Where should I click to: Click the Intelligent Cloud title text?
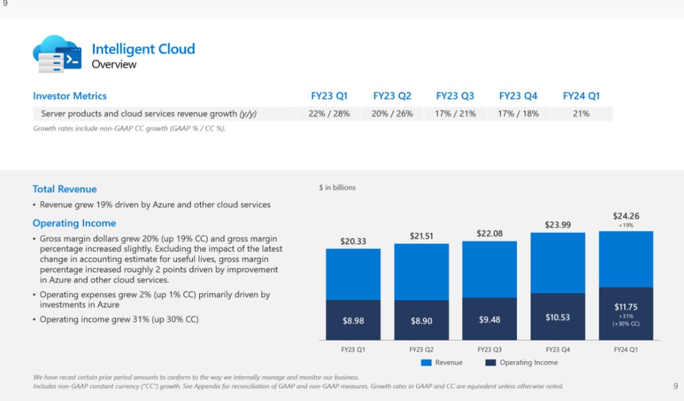tap(143, 49)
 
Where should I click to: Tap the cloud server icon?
tap(57, 54)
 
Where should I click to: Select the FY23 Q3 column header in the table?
tap(455, 96)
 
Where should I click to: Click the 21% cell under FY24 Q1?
tap(581, 114)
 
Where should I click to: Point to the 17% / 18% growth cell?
tap(517, 114)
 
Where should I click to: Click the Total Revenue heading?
tap(64, 189)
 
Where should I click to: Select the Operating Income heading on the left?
tap(74, 223)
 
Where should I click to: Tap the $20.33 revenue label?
tap(353, 241)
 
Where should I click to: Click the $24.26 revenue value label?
tap(626, 216)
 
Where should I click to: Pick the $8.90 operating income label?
tap(421, 320)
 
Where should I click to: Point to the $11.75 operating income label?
tap(626, 307)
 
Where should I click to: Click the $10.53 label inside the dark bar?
tap(558, 317)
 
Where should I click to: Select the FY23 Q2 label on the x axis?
tap(421, 350)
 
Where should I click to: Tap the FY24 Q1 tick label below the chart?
tap(626, 350)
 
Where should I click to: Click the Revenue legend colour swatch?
tap(426, 363)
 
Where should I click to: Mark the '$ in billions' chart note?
tap(337, 187)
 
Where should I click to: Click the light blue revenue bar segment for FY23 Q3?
tap(489, 269)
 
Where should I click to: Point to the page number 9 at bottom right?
tap(675, 386)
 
